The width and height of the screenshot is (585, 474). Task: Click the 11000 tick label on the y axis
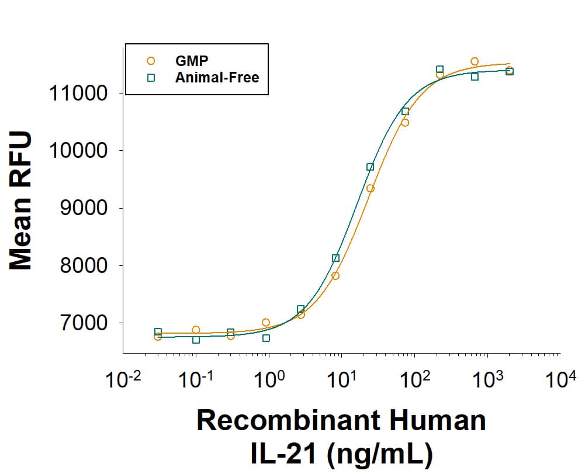(79, 94)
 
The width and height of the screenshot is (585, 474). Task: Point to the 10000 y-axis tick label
(79, 151)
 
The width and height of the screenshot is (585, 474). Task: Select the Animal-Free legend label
(217, 77)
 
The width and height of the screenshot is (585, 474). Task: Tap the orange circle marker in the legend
(151, 60)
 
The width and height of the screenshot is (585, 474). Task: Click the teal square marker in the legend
(151, 77)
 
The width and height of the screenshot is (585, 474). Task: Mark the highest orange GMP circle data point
(475, 61)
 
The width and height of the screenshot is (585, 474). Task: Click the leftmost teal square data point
(158, 331)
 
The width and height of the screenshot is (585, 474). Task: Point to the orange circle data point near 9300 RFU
(371, 188)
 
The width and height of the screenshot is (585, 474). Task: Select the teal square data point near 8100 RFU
(335, 258)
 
